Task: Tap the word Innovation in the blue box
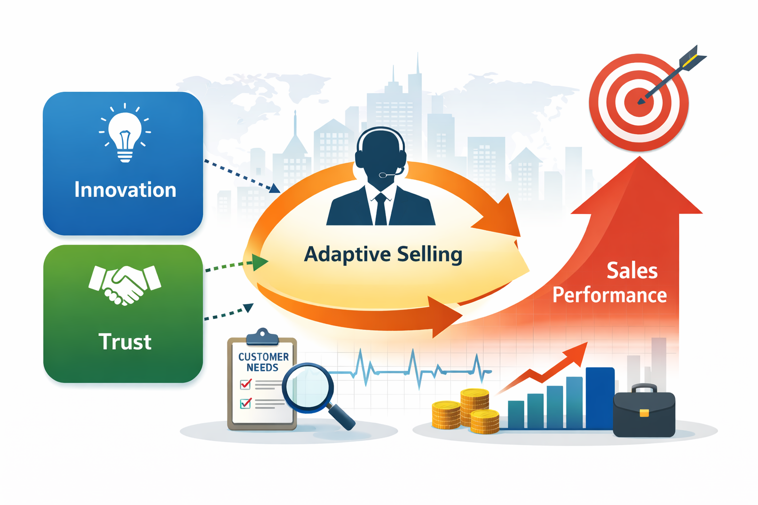click(125, 190)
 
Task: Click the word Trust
click(125, 342)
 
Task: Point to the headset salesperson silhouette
click(380, 182)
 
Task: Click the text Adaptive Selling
click(383, 254)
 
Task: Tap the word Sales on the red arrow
click(632, 271)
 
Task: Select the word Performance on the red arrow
click(609, 295)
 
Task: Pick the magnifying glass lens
click(307, 388)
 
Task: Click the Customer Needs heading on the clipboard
click(263, 362)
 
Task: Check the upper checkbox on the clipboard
click(245, 384)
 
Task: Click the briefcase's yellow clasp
click(644, 413)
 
